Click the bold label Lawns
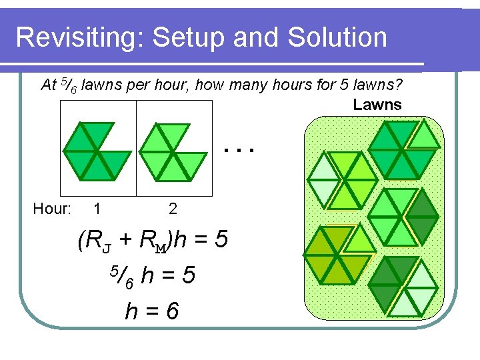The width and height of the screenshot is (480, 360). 377,105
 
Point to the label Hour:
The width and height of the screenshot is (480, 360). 52,209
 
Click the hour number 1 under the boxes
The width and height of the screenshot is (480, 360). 97,209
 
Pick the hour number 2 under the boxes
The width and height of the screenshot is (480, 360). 173,209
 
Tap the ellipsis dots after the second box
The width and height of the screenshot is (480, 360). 239,150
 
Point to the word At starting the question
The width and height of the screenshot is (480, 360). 49,85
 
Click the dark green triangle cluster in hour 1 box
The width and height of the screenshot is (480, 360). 97,151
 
